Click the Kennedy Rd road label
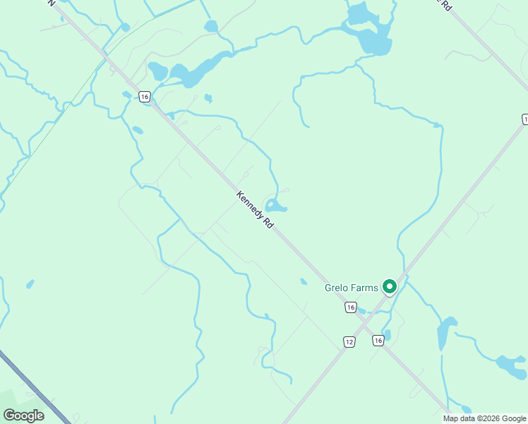(x=255, y=210)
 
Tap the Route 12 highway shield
(x=349, y=341)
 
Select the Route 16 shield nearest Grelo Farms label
(x=351, y=307)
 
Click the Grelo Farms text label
(x=351, y=288)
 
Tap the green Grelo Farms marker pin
(x=388, y=287)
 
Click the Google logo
(x=23, y=416)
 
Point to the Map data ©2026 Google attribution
(x=484, y=418)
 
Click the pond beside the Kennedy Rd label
(x=275, y=206)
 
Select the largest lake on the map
(x=368, y=32)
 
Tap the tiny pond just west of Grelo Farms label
(x=304, y=281)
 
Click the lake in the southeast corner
(x=512, y=366)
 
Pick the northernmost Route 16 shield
(x=145, y=97)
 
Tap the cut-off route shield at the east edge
(x=524, y=119)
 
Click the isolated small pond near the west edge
(x=30, y=284)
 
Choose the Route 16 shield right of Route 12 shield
(x=378, y=341)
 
